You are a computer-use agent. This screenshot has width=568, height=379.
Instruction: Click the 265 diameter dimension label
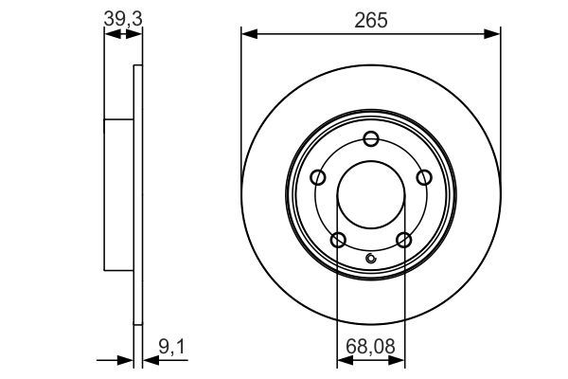pyautogui.click(x=371, y=19)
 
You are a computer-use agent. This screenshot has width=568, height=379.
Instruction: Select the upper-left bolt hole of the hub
pyautogui.click(x=318, y=177)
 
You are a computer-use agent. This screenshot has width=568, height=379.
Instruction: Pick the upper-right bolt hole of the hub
pyautogui.click(x=424, y=177)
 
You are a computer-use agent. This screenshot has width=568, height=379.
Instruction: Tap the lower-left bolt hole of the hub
pyautogui.click(x=338, y=239)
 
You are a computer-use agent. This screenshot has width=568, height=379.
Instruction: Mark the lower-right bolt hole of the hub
pyautogui.click(x=404, y=239)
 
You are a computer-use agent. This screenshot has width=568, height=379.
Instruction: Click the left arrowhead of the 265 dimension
pyautogui.click(x=249, y=35)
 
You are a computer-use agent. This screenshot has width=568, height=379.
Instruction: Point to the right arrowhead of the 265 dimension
pyautogui.click(x=493, y=35)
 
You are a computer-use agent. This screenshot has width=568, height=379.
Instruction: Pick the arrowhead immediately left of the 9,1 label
pyautogui.click(x=149, y=360)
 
